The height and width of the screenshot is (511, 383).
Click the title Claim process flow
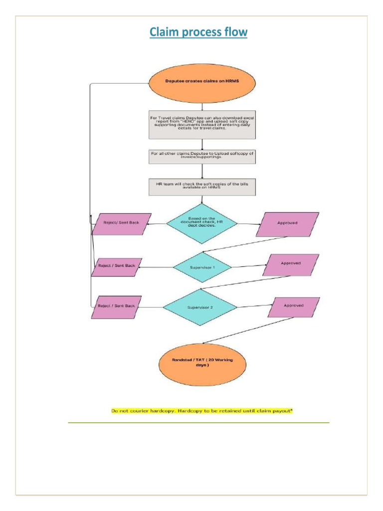198,33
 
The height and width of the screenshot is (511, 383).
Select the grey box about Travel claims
202,124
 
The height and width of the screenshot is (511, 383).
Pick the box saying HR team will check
202,187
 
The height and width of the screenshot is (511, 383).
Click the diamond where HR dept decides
201,223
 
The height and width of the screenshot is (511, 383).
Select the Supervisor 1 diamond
202,267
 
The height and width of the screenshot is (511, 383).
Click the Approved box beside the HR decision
287,224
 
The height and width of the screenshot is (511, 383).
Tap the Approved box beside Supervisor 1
291,265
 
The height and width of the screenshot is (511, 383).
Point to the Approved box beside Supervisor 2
294,307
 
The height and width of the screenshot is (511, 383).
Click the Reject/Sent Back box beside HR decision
121,223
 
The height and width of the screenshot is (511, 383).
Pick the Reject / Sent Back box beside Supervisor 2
116,307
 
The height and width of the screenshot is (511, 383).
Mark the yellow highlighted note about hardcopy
201,411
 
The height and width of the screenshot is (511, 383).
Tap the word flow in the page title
234,33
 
